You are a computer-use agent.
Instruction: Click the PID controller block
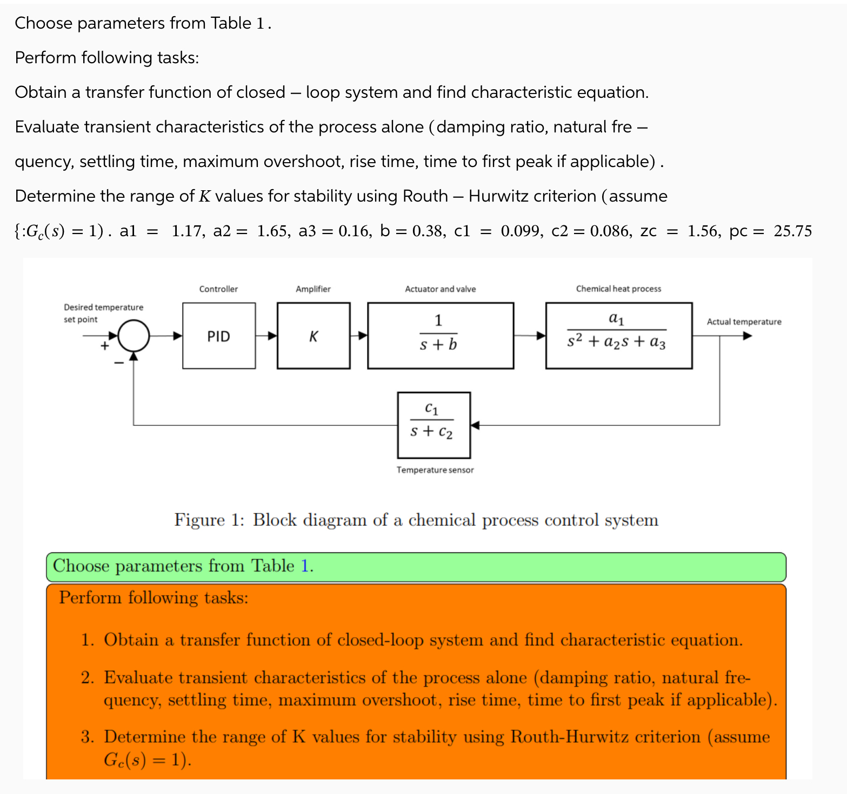[219, 336]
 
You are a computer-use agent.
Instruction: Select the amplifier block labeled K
[314, 336]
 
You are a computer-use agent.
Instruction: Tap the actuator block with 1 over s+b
[440, 336]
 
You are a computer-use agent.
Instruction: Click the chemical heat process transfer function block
[618, 336]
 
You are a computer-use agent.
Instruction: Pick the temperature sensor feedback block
[433, 425]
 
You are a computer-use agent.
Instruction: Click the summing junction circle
[134, 336]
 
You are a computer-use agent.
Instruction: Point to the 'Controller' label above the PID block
[218, 289]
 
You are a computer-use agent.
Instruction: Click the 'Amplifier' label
[313, 289]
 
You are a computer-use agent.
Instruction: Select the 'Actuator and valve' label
[440, 289]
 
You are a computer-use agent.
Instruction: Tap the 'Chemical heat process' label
[618, 289]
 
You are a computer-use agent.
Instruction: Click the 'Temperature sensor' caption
[435, 470]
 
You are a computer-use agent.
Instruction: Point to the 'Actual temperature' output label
[744, 322]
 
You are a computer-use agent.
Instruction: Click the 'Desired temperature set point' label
[103, 313]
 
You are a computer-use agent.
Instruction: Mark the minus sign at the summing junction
[119, 363]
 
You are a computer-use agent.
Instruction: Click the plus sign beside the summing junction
[104, 346]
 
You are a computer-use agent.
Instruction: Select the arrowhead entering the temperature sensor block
[475, 425]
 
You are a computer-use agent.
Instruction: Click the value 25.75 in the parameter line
[792, 231]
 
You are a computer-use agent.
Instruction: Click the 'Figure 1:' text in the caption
[209, 520]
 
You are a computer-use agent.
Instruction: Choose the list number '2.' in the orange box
[88, 678]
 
